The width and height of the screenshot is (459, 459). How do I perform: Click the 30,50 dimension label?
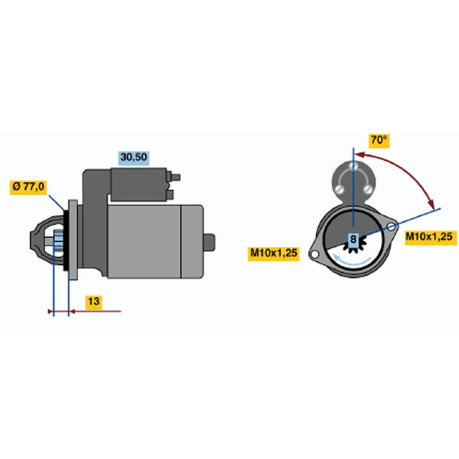[134, 158]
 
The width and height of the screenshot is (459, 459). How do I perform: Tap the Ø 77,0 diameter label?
[28, 187]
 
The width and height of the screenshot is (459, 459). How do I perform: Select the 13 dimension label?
[93, 301]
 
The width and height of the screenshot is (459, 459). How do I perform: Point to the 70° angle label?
[379, 140]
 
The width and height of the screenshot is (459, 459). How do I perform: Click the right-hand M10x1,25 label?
[428, 236]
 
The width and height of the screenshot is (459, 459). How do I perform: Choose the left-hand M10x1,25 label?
[274, 252]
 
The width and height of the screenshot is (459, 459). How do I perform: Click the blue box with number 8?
[353, 239]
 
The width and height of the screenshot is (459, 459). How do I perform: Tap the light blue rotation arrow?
[353, 262]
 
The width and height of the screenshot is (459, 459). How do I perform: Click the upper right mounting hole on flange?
[391, 227]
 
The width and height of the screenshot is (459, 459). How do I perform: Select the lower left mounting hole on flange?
[314, 254]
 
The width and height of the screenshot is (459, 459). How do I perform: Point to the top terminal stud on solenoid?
[175, 177]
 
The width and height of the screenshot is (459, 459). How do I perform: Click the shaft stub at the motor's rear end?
[210, 242]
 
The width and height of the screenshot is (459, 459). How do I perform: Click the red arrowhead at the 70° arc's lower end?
[431, 203]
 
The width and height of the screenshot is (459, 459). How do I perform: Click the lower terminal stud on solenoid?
[171, 194]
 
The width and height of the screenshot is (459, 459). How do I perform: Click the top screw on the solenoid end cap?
[353, 167]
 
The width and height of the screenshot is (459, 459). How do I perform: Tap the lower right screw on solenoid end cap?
[368, 190]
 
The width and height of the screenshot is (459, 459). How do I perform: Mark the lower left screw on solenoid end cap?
[339, 190]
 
